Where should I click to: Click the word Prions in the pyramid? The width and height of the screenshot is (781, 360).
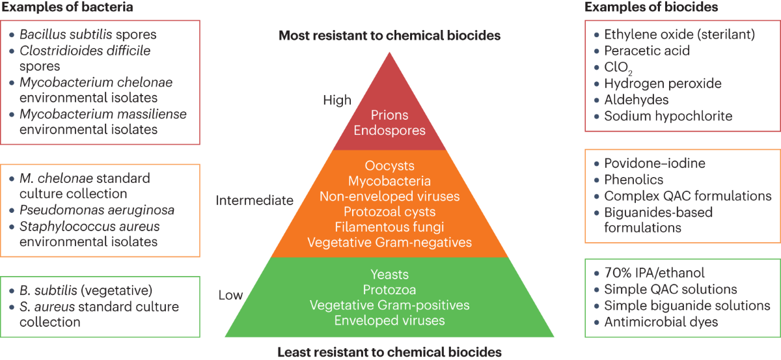coord(389,115)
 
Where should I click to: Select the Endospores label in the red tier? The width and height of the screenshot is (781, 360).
coord(389,130)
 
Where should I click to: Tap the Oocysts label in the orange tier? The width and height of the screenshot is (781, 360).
coord(389,166)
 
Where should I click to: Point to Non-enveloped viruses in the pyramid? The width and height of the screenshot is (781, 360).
coord(389,197)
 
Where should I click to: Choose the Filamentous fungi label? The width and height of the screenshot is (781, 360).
coord(389,227)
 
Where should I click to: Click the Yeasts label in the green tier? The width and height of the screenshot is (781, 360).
coord(389,274)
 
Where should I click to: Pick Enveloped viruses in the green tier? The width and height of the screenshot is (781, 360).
coord(389,320)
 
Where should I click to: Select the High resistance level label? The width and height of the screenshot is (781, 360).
coord(336,100)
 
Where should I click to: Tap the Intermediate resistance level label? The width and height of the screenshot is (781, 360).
coord(254,201)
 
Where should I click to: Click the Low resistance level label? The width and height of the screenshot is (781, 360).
coord(230,296)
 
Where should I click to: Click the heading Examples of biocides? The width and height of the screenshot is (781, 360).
coord(651,7)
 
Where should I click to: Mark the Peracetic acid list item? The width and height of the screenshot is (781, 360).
coord(647,50)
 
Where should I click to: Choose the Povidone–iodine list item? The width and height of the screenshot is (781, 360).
coord(655,163)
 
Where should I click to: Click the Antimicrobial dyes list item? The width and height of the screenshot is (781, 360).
coord(661,322)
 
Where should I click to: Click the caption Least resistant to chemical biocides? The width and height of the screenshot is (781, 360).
coord(389,352)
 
